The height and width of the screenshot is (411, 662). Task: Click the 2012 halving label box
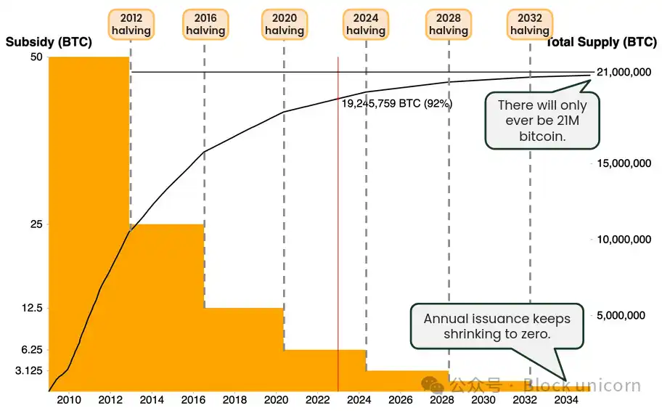(x=131, y=24)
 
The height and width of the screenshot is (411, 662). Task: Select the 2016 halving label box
(x=205, y=24)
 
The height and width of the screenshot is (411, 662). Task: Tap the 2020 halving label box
(x=284, y=24)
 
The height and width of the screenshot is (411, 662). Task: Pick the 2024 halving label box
(x=366, y=24)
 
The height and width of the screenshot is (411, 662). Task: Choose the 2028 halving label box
(x=449, y=24)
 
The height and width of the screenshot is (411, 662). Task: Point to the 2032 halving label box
(x=530, y=24)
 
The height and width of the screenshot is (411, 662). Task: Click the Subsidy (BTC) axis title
(x=49, y=42)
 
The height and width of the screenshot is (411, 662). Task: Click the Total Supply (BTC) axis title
(x=601, y=42)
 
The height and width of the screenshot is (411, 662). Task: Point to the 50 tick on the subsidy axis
(x=36, y=57)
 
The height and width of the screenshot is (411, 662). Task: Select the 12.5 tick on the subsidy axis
(x=32, y=309)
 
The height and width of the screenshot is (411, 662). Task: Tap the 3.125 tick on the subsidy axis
(x=29, y=371)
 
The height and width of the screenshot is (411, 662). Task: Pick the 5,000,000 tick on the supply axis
(x=623, y=316)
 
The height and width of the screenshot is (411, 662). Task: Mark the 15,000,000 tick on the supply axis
(x=623, y=163)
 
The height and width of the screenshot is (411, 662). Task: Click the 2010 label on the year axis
(x=69, y=400)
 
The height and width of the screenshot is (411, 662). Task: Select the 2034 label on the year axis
(x=566, y=400)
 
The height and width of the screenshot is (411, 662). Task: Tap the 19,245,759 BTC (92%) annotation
(x=397, y=104)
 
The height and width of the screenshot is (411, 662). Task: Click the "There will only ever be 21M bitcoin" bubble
(x=542, y=121)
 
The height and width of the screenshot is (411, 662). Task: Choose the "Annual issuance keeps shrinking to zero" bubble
(x=497, y=326)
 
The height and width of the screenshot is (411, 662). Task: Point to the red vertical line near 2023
(x=338, y=218)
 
